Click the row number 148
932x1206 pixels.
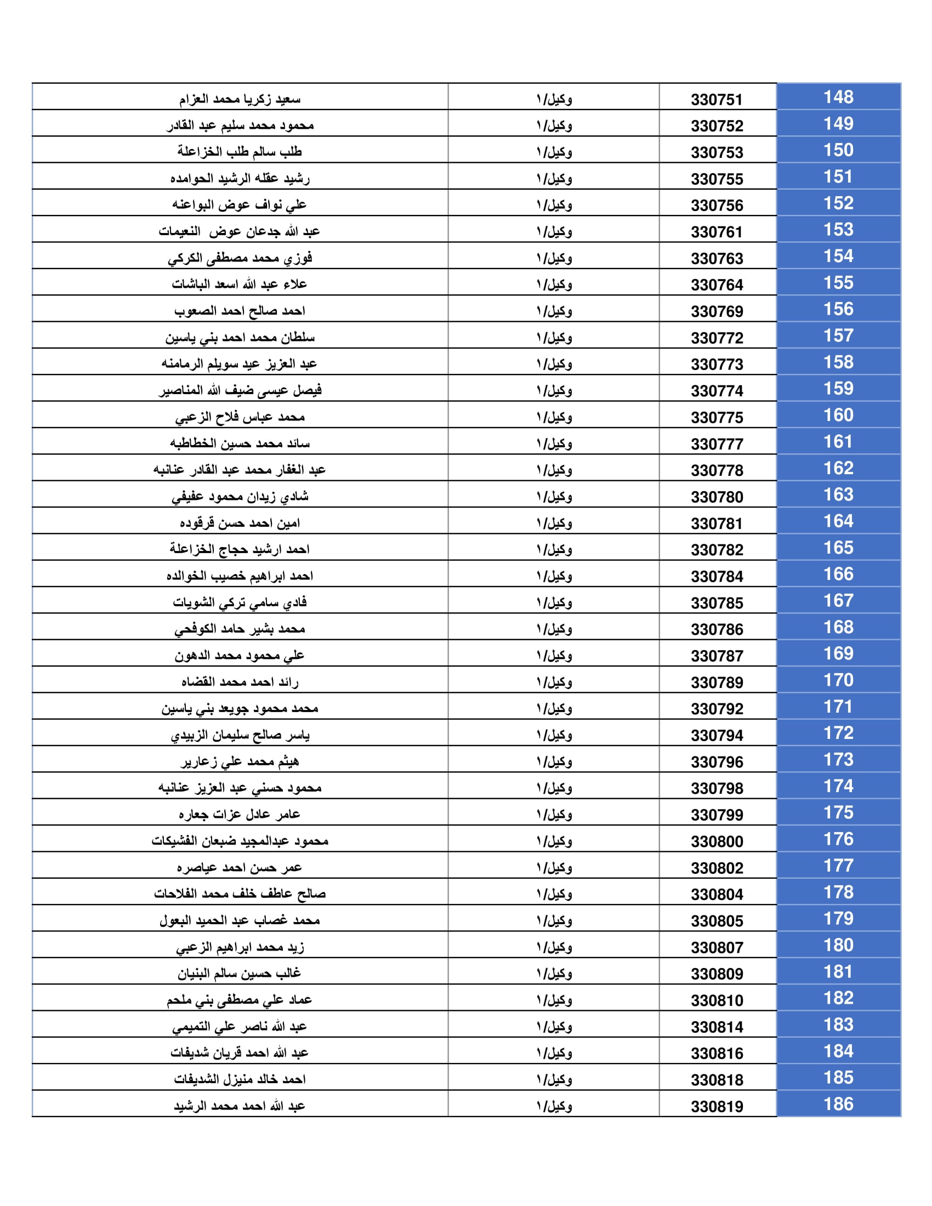pos(838,97)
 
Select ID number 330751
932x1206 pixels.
pos(717,100)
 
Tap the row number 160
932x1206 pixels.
pos(838,416)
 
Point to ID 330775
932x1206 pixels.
pos(717,418)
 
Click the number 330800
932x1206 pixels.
pos(717,842)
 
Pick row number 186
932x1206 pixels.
pos(838,1105)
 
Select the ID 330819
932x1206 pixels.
pos(717,1107)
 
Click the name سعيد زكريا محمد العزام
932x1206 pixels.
pos(240,99)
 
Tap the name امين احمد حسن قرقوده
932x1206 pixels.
pos(240,523)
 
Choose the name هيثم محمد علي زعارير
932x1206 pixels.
pos(240,761)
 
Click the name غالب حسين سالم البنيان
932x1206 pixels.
pos(240,974)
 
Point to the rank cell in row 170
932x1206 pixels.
pos(554,682)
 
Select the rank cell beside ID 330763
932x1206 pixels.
pos(554,258)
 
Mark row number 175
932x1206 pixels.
pos(838,813)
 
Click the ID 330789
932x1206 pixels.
pos(717,683)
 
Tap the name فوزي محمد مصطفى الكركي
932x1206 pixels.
pos(240,258)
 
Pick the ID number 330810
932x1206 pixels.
pos(717,1001)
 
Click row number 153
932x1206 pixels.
pos(838,230)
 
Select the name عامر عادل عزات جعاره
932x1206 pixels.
pos(240,815)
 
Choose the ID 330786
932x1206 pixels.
pos(717,630)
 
